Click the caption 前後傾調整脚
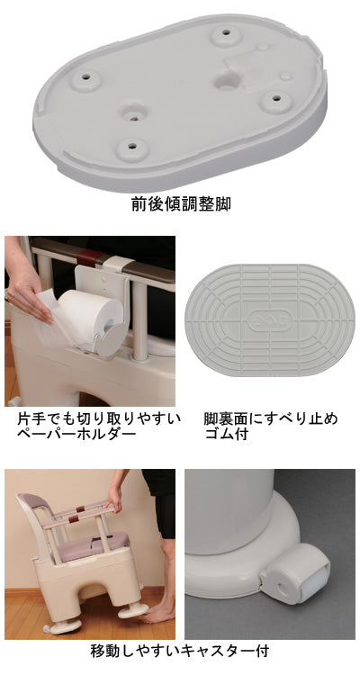180,204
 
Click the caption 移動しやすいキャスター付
180,650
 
